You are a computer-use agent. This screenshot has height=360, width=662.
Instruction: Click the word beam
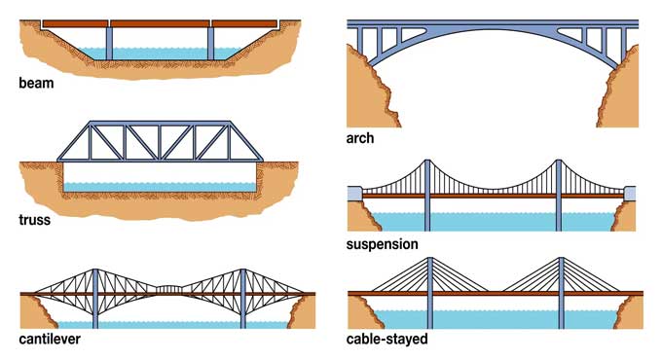click(36, 84)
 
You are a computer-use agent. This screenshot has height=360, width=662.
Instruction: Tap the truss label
click(35, 219)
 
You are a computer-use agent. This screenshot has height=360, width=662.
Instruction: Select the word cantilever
click(50, 340)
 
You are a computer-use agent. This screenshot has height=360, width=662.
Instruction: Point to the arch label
click(360, 139)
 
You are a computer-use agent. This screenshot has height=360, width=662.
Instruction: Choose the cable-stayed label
click(386, 340)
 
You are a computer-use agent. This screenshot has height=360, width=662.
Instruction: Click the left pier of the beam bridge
click(109, 41)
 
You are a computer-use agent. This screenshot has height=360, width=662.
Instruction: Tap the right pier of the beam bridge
click(209, 41)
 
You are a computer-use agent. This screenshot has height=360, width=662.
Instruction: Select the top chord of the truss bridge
click(161, 124)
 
